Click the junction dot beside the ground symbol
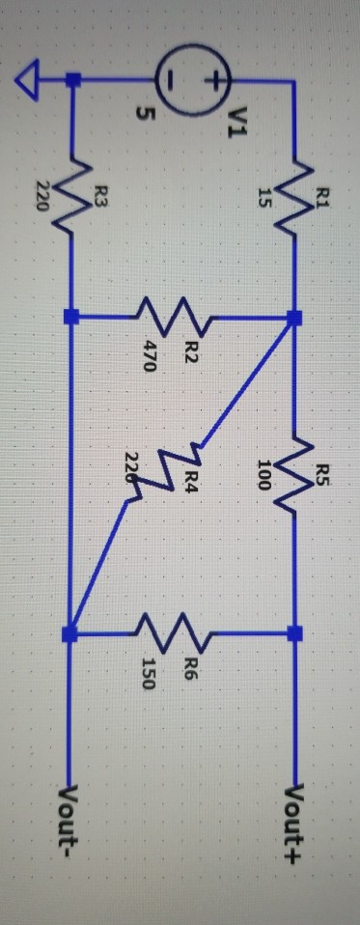(69, 83)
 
